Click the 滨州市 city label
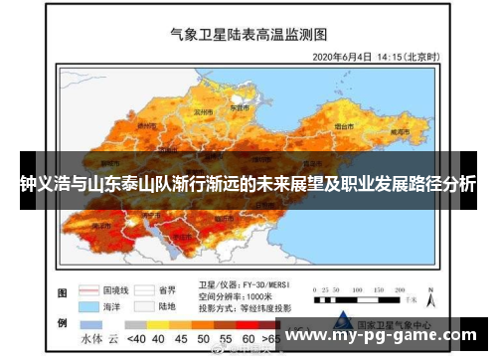click(x=202, y=112)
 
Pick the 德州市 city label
click(x=147, y=125)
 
